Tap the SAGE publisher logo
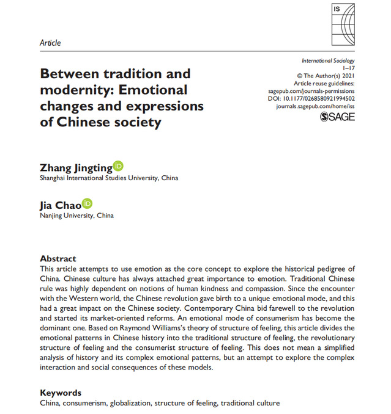[337, 117]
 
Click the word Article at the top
[50, 43]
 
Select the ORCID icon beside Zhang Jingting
[118, 166]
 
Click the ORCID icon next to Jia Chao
[87, 204]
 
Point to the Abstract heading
[58, 258]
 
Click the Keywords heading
[61, 392]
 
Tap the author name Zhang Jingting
[75, 167]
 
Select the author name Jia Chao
[60, 205]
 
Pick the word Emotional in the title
[151, 90]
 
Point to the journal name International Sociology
[329, 62]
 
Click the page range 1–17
[348, 69]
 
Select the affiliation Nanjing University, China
[76, 216]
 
